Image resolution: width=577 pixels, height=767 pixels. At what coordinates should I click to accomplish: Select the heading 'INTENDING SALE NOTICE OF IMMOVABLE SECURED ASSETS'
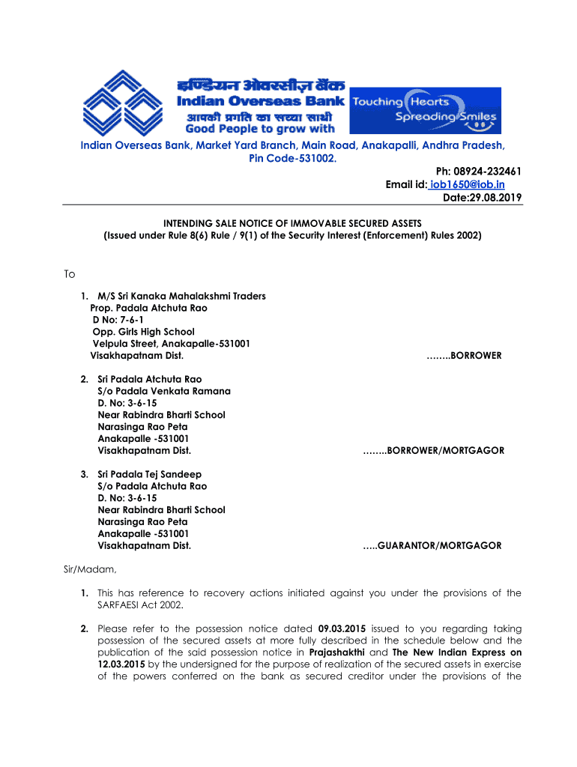click(293, 223)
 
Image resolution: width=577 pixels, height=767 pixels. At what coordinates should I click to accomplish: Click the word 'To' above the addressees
click(69, 274)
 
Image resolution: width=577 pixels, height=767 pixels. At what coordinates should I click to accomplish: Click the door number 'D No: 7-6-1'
click(122, 320)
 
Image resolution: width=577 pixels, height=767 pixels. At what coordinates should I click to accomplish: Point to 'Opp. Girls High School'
click(143, 332)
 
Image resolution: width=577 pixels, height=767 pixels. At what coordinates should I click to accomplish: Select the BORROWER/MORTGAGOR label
click(434, 451)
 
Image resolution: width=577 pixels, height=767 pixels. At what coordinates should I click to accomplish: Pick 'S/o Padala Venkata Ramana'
click(164, 391)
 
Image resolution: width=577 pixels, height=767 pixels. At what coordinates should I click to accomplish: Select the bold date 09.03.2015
click(342, 628)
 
